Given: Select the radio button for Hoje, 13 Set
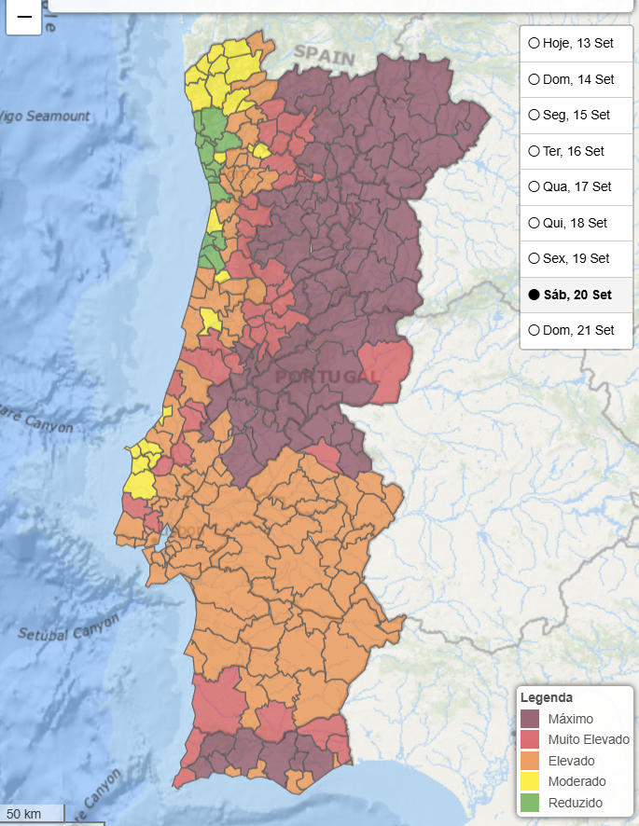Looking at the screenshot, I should click(535, 43).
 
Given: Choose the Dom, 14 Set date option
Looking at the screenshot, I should click(535, 79).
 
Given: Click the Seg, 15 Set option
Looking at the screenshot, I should click(535, 115).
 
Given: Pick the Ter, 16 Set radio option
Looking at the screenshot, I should click(535, 151).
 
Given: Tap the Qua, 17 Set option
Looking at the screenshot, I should click(535, 186).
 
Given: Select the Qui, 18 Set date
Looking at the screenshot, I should click(535, 223).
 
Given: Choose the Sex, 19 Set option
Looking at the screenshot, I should click(535, 258).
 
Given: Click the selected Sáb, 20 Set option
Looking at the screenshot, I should click(535, 295).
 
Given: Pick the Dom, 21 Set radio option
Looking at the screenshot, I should click(535, 330).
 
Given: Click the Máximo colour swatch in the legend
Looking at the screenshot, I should click(530, 719).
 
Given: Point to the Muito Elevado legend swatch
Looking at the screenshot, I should click(530, 740).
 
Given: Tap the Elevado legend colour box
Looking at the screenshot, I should click(530, 761).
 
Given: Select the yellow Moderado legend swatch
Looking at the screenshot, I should click(530, 781).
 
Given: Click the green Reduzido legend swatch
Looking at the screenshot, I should click(530, 803).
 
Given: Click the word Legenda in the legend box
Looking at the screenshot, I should click(547, 697).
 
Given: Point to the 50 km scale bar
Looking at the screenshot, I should click(32, 814).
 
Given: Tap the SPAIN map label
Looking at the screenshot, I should click(325, 55).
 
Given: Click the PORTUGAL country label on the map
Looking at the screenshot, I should click(327, 376).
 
